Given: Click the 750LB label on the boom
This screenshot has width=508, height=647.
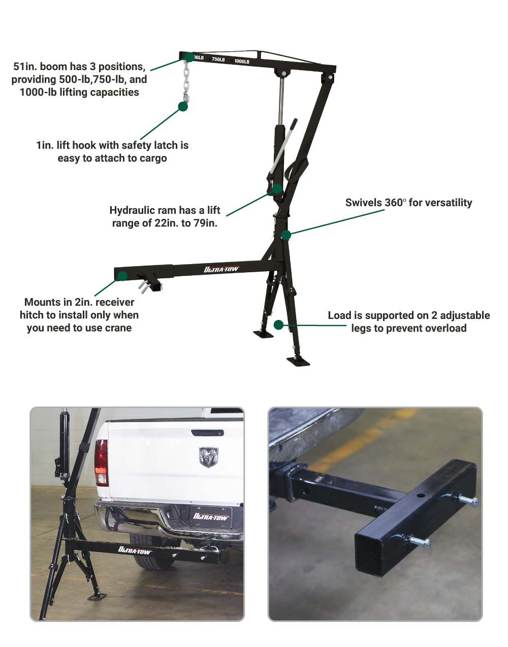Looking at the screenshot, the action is click(x=218, y=59).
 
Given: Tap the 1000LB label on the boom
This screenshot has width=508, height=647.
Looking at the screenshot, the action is click(x=241, y=61).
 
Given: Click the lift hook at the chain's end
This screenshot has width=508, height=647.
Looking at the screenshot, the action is click(x=186, y=97).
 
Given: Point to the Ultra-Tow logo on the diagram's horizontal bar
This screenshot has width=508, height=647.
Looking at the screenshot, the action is click(x=221, y=269).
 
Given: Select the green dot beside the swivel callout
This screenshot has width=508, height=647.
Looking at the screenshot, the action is click(x=286, y=235).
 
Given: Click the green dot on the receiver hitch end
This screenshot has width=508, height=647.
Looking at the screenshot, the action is click(x=122, y=276).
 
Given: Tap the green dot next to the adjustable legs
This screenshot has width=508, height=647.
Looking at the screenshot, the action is click(x=278, y=325).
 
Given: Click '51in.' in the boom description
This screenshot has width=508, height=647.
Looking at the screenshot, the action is click(x=25, y=67).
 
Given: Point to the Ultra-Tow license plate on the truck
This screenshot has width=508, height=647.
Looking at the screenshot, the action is click(x=211, y=516).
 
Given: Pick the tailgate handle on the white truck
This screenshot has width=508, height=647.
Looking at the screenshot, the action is click(x=208, y=433).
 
